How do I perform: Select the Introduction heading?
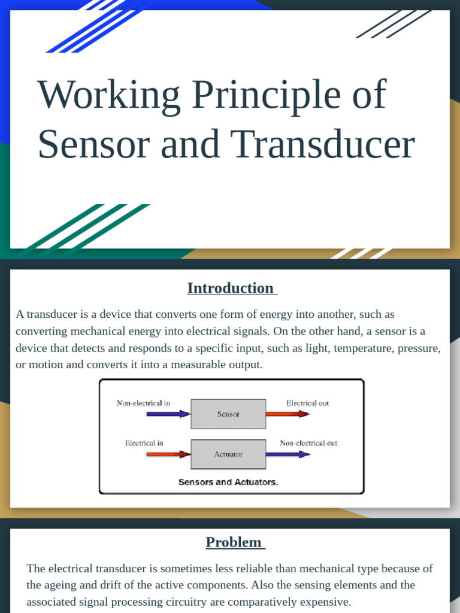tap(231, 288)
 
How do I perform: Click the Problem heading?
tap(234, 542)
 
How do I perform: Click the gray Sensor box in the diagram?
tap(228, 414)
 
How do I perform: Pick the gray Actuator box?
tap(228, 454)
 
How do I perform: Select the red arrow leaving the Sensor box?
tap(287, 414)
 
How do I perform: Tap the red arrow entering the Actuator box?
tap(168, 454)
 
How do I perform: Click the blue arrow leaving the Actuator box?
tap(287, 454)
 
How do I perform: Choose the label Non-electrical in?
tap(143, 403)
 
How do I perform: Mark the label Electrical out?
tap(307, 403)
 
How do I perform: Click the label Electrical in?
tap(144, 443)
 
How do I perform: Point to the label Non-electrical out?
tap(308, 443)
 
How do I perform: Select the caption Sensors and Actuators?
tap(228, 481)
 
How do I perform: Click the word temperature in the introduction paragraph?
tap(357, 348)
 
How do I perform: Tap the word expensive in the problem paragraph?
tap(322, 602)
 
